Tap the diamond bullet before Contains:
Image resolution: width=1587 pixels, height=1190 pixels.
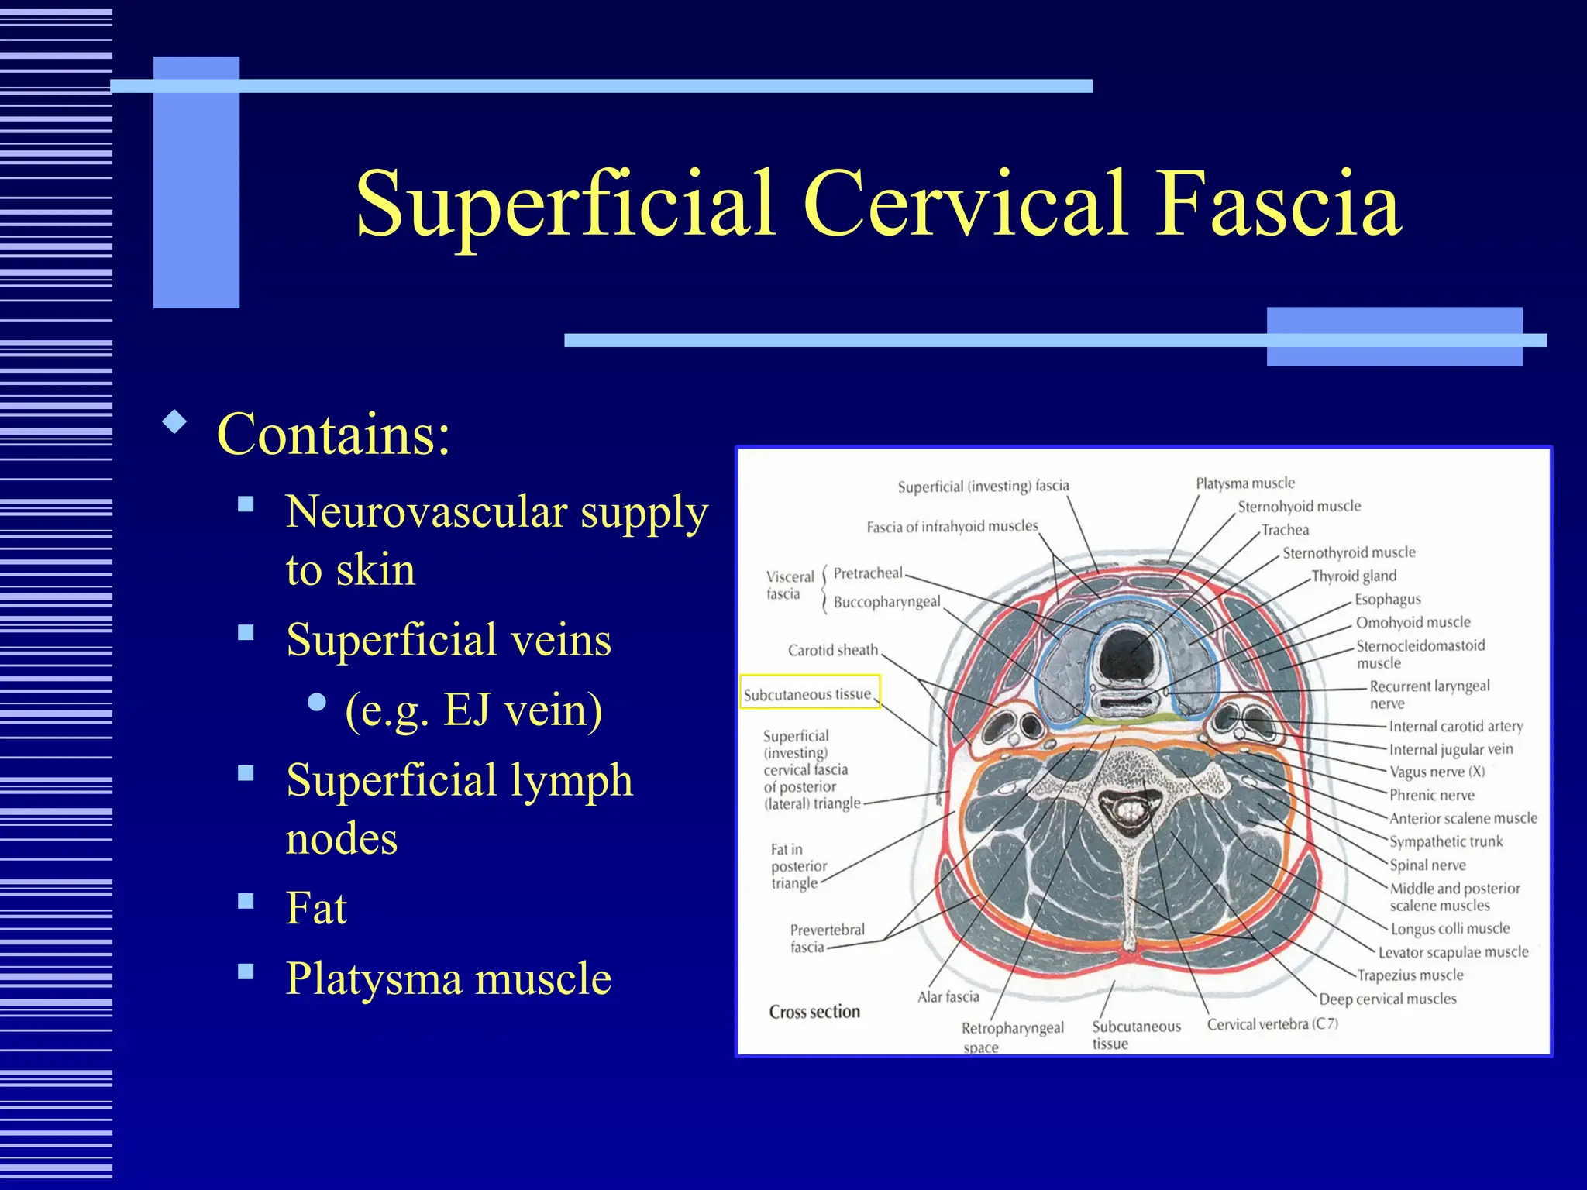click(x=175, y=422)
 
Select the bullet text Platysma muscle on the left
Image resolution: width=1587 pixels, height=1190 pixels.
click(x=448, y=978)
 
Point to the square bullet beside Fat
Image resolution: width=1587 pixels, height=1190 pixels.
click(x=246, y=901)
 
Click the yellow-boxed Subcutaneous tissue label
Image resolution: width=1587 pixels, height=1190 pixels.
click(x=807, y=694)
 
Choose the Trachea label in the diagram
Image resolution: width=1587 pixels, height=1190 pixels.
click(x=1285, y=530)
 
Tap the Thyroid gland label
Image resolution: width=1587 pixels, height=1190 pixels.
click(x=1353, y=576)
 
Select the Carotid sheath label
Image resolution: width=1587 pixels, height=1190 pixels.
click(x=833, y=650)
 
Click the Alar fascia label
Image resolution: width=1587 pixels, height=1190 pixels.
click(x=948, y=997)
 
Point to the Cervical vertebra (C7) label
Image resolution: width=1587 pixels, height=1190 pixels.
click(x=1272, y=1024)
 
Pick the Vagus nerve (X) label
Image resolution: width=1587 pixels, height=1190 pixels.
click(x=1437, y=772)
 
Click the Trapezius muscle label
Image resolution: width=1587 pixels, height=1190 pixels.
click(x=1410, y=975)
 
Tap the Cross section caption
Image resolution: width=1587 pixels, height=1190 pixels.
click(x=814, y=1012)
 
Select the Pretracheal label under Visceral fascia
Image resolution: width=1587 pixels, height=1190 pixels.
click(x=867, y=573)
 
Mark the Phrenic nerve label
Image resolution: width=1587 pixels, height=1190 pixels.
click(x=1431, y=795)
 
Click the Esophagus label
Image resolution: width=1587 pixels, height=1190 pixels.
click(x=1387, y=599)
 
